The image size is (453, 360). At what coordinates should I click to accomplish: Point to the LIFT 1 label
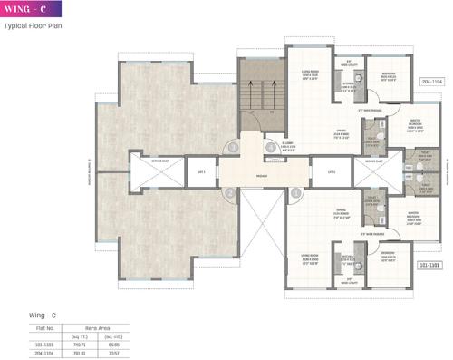click(202, 170)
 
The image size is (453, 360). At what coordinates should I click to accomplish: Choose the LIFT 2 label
click(320, 170)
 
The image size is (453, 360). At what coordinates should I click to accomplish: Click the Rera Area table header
click(98, 325)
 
